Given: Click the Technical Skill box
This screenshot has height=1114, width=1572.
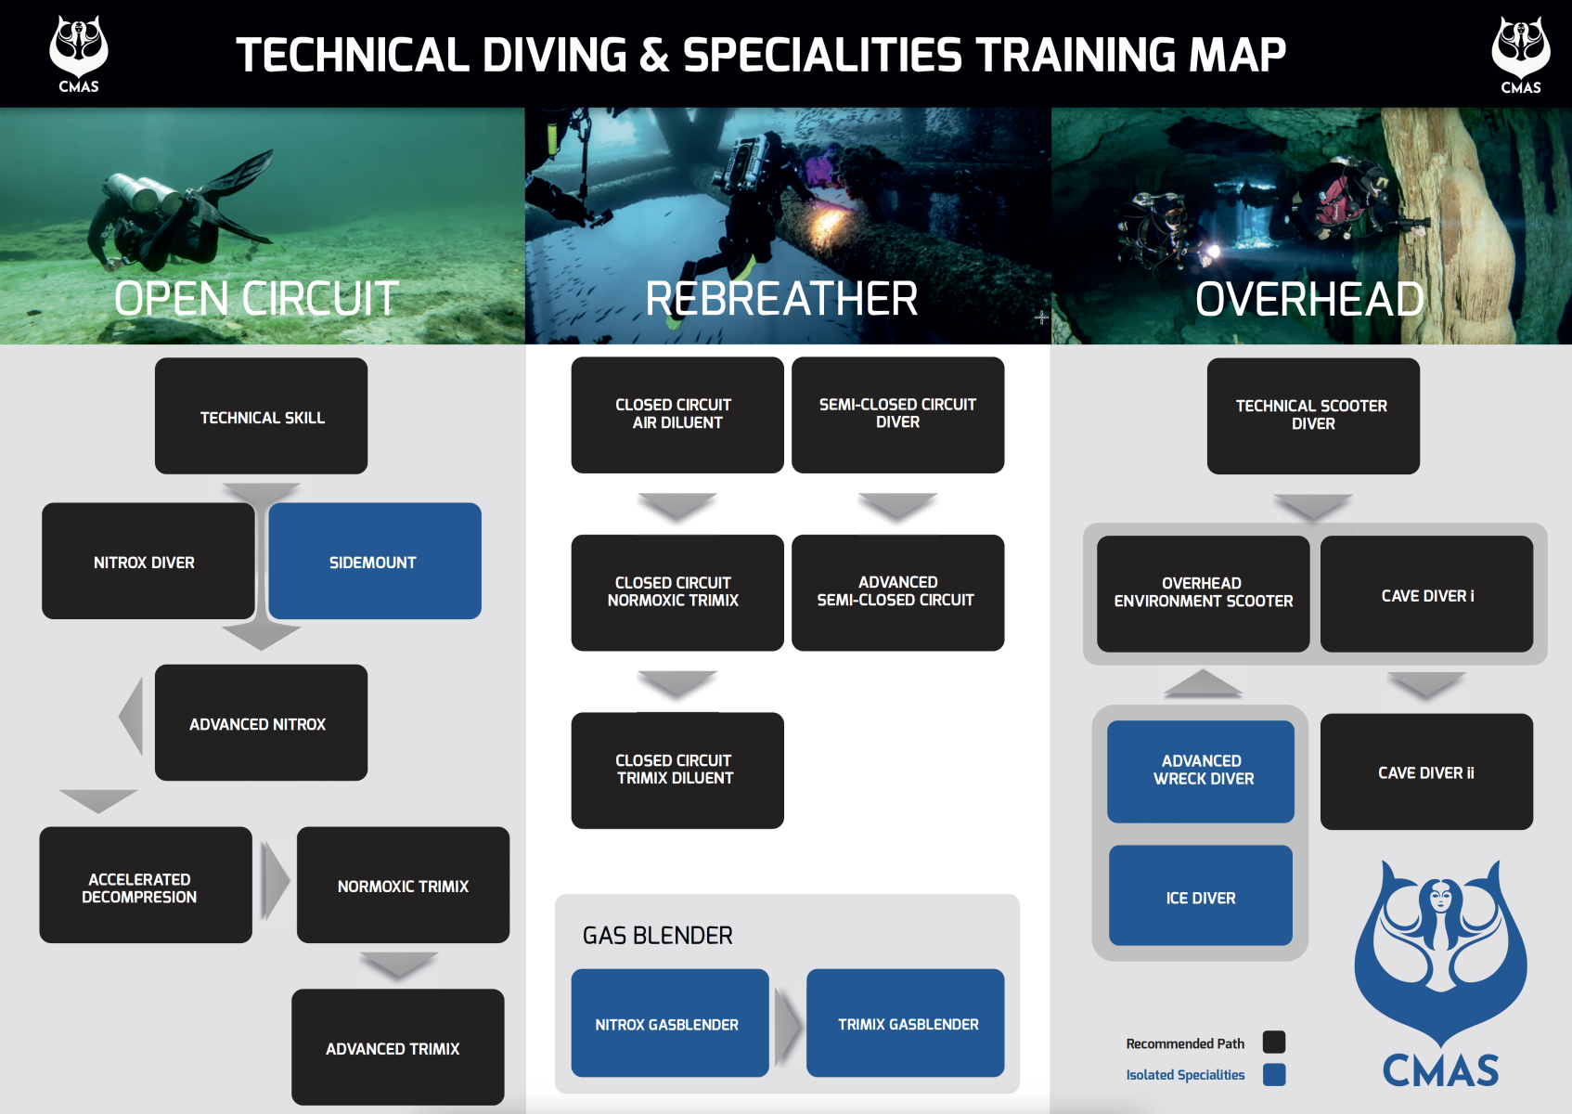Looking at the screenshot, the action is coord(261,416).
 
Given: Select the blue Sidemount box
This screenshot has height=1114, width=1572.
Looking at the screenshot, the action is coord(375,561).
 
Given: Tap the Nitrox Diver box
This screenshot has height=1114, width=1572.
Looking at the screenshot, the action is coord(148,561).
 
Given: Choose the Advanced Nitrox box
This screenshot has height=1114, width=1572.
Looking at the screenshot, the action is coord(261,722).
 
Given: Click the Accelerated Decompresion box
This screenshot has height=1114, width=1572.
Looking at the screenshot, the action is coord(146,885).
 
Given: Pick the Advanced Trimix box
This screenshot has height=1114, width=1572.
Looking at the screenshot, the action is coord(398,1046).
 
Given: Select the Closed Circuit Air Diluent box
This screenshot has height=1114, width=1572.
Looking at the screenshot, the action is coord(677,415).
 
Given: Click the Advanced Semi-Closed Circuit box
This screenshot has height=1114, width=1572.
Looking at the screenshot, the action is coord(897,592).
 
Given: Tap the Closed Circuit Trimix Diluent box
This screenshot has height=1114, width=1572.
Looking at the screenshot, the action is coord(677,770).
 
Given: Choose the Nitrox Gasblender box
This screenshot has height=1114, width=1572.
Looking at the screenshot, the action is coord(670,1023).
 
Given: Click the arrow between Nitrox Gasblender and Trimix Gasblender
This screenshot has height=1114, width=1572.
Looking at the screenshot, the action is coord(788,1025).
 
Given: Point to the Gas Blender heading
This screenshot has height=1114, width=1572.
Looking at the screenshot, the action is coord(658,936).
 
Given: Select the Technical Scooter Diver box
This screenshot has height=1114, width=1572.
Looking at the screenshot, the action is coord(1313,416).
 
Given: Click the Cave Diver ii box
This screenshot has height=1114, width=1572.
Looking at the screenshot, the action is coord(1426,771).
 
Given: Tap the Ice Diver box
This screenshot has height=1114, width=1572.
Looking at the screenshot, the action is coord(1201,896).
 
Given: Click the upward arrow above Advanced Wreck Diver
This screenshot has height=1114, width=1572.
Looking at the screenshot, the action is coord(1203,683).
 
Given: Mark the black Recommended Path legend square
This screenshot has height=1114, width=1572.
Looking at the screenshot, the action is coord(1274,1043).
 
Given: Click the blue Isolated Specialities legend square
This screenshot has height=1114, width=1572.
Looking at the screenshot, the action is coord(1274,1075).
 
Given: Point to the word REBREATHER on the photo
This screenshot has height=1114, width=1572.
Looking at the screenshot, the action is coord(781,299).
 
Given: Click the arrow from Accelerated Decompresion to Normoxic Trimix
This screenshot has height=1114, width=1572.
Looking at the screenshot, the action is coord(275,881).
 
